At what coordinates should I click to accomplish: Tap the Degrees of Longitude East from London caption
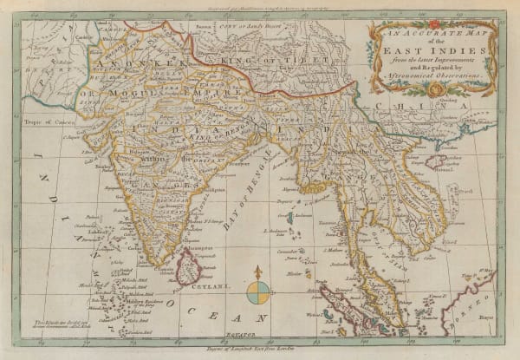click(260, 346)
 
